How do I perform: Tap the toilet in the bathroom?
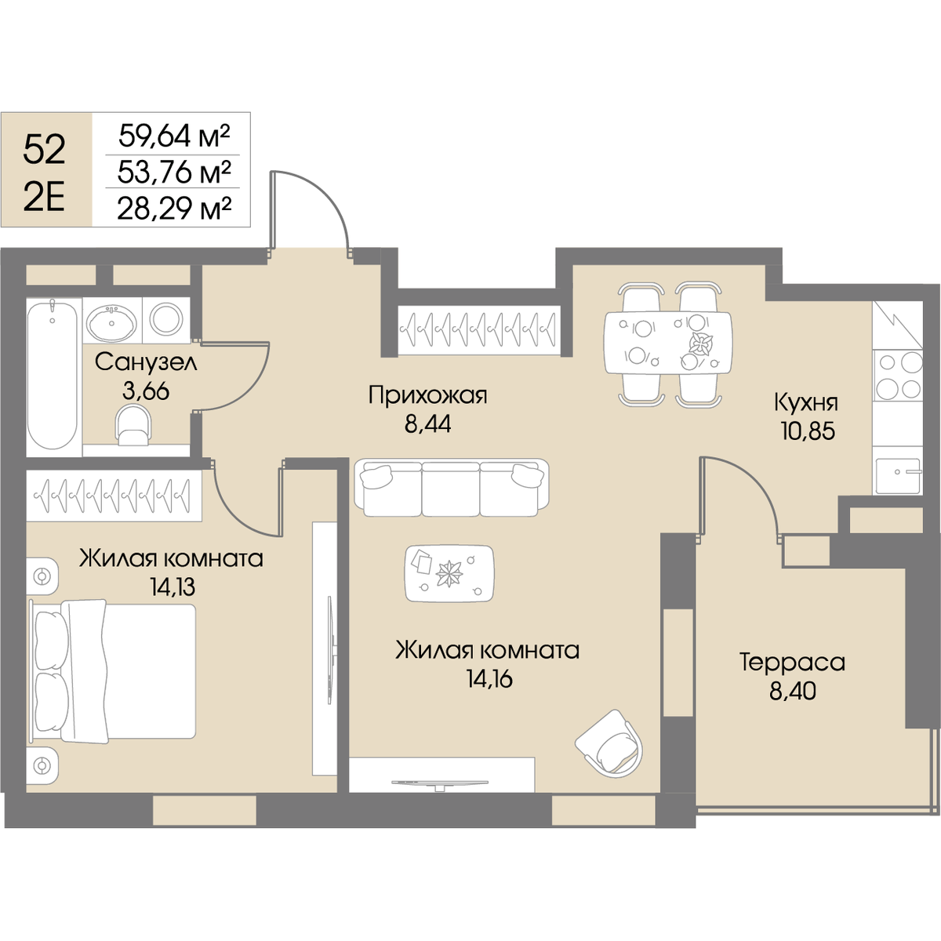(133, 426)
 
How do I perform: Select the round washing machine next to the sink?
(166, 318)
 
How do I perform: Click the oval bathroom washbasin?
(112, 322)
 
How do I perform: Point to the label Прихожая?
(428, 395)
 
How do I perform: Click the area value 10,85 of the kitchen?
(808, 431)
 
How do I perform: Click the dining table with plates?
(668, 343)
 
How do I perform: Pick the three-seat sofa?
(452, 488)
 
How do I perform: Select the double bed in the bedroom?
(113, 671)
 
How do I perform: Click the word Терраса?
(792, 663)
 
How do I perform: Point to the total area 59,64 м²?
(174, 136)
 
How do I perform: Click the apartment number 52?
(45, 150)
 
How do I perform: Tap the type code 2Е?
(45, 198)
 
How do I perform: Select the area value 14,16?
(489, 679)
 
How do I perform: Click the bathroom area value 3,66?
(146, 391)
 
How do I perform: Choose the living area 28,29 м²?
(174, 209)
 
